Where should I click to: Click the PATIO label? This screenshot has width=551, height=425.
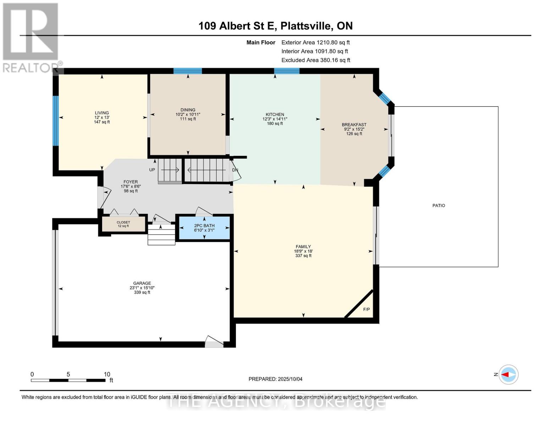(439, 205)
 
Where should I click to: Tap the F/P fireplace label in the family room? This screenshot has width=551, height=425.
(367, 310)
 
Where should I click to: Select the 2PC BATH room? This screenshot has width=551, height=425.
(204, 228)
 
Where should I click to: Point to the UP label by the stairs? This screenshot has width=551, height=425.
(152, 170)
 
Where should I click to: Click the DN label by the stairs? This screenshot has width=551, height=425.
(235, 170)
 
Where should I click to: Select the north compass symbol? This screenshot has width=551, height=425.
(509, 374)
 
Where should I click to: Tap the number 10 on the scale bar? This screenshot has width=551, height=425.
(107, 374)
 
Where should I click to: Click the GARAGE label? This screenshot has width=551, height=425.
(142, 283)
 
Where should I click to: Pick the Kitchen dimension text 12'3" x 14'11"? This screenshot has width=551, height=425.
(275, 119)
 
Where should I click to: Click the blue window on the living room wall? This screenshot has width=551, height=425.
(55, 121)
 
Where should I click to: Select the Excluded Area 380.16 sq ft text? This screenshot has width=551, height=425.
(316, 60)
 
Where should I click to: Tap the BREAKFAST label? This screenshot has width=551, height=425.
(354, 125)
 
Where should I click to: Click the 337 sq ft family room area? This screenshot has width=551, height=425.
(303, 256)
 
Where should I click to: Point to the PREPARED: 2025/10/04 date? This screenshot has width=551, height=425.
(275, 379)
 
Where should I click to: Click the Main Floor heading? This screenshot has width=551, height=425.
(261, 42)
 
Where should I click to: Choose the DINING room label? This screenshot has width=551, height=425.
(188, 110)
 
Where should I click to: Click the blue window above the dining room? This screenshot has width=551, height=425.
(187, 71)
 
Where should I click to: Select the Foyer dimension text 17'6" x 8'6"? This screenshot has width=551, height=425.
(131, 186)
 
